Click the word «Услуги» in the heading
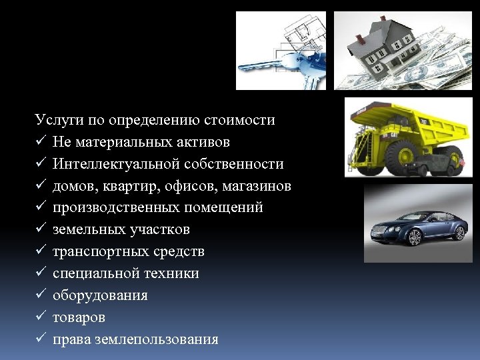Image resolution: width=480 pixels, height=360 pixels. coord(55,121)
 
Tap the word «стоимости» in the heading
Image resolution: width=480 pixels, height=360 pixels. coord(243,121)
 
